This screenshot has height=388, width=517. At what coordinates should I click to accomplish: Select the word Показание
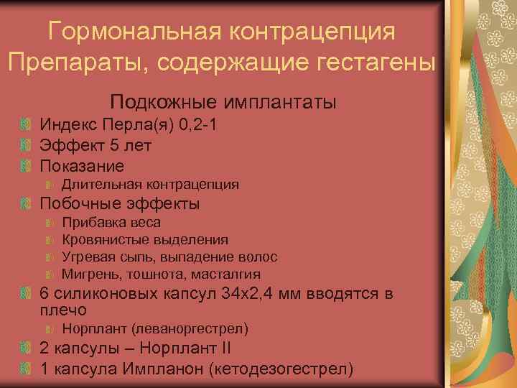pyautogui.click(x=82, y=165)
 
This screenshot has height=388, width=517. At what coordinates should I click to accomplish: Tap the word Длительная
pyautogui.click(x=93, y=185)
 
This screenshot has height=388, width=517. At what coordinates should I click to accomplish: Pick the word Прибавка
pyautogui.click(x=90, y=223)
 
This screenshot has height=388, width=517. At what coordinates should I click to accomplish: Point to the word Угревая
pyautogui.click(x=85, y=257)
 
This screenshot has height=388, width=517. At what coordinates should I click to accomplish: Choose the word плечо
pyautogui.click(x=63, y=310)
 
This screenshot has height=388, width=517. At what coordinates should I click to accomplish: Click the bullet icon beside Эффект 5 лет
pyautogui.click(x=26, y=146)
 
